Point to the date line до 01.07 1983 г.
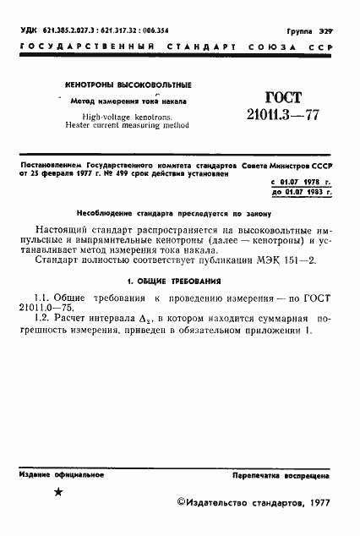point(300,193)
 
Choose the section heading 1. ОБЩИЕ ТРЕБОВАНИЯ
point(174,279)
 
